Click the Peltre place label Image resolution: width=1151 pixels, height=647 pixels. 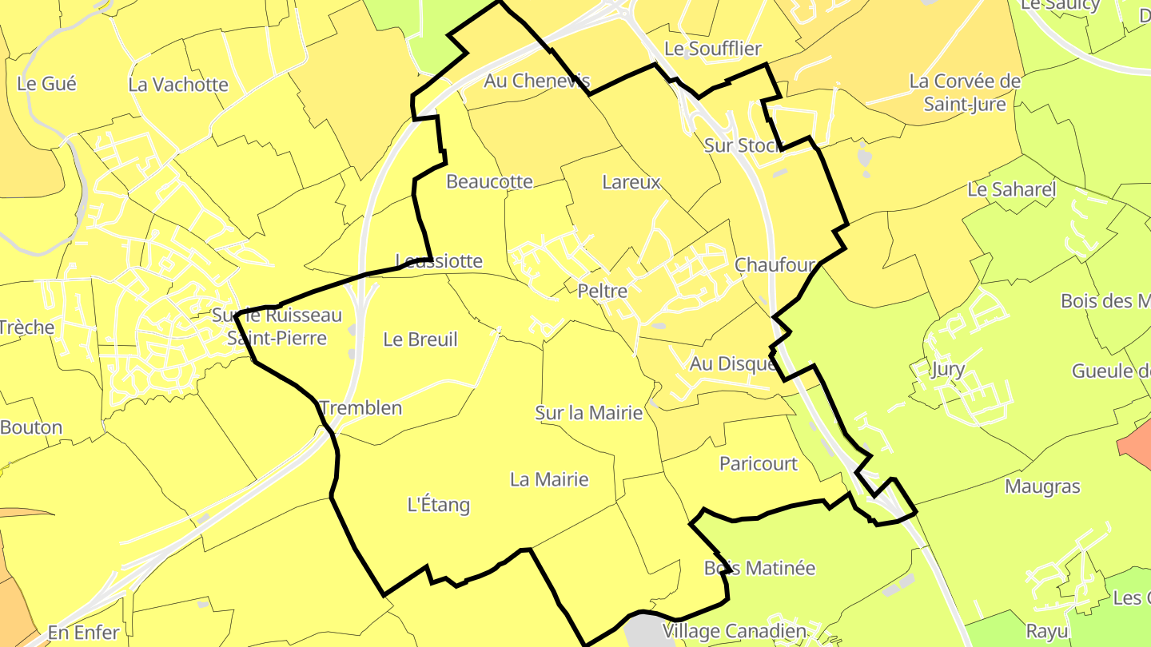(x=602, y=292)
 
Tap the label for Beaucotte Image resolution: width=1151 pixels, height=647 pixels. (x=489, y=182)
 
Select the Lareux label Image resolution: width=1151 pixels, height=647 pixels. (x=631, y=182)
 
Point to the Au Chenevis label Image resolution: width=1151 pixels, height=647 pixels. (x=537, y=81)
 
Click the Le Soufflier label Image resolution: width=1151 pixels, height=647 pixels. (x=713, y=49)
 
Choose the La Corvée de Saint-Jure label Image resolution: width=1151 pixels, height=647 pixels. (x=965, y=93)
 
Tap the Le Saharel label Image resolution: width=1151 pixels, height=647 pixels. (x=1011, y=190)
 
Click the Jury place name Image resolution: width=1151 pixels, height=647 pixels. (x=948, y=370)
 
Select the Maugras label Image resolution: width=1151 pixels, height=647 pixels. (x=1042, y=486)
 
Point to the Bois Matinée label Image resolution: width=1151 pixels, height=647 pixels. (x=759, y=568)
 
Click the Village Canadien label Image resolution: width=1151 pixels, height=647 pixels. (x=734, y=632)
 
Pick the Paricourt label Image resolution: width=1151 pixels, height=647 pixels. (x=759, y=464)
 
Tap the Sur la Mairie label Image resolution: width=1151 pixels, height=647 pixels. (x=589, y=413)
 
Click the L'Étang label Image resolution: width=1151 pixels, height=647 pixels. (x=439, y=505)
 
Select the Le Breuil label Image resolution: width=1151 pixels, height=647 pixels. (x=420, y=339)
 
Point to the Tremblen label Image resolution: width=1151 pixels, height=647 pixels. (x=360, y=408)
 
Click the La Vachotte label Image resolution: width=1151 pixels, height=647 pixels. (x=178, y=85)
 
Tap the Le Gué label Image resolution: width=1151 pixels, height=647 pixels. (x=46, y=83)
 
